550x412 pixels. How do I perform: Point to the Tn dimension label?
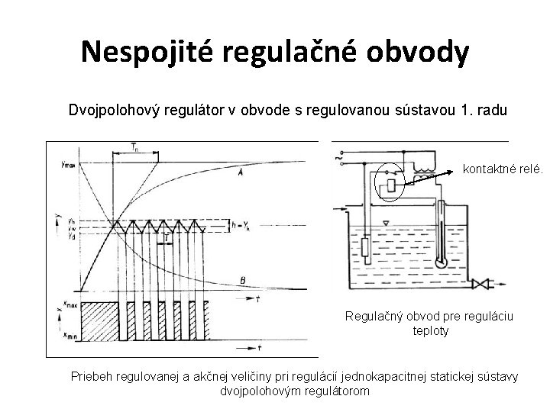[134, 146]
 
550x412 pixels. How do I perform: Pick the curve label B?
[242, 281]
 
